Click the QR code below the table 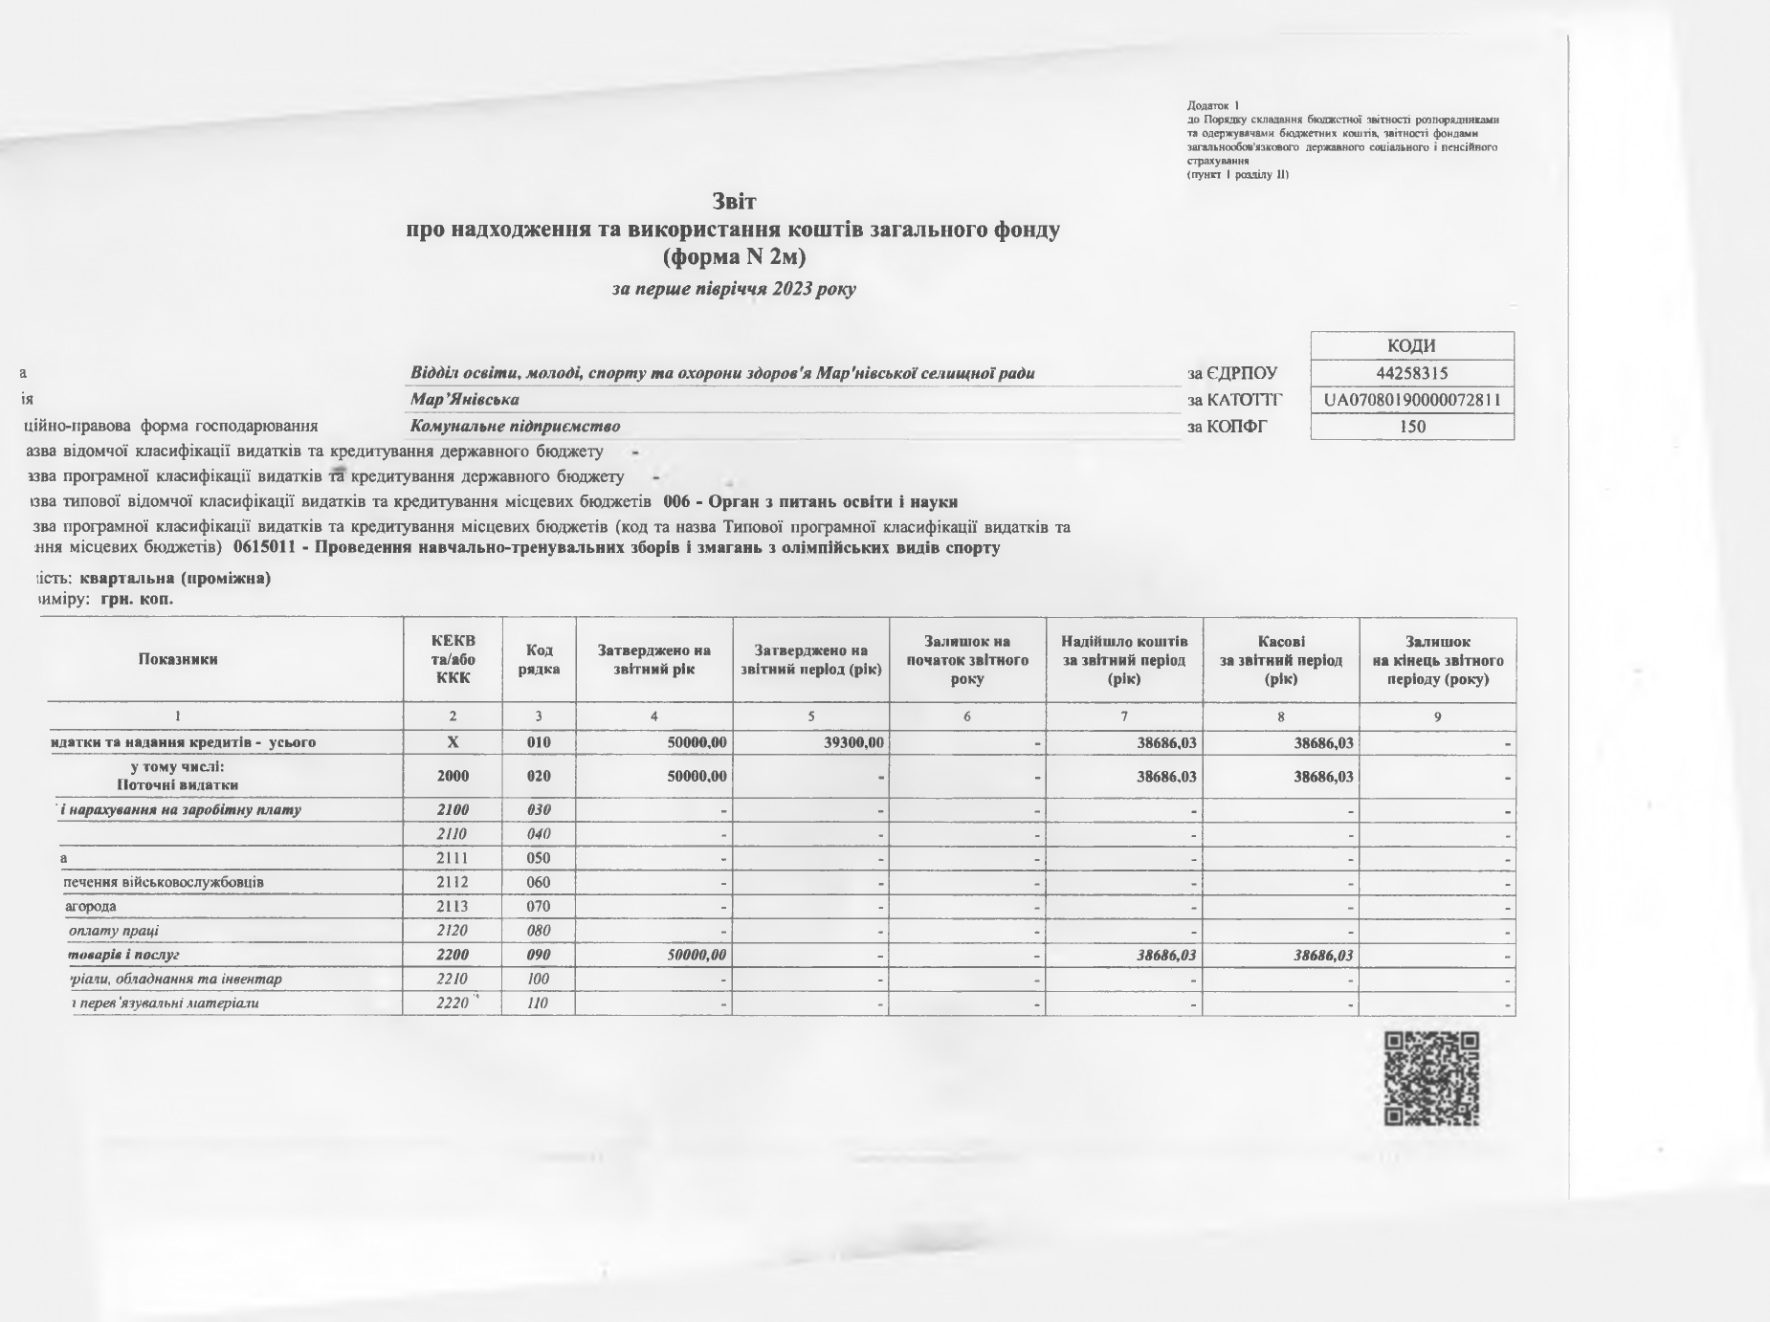1431,1078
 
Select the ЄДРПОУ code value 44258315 1412,373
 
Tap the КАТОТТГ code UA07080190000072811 1412,400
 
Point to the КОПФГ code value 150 1412,427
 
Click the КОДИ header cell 1412,346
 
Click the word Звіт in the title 734,202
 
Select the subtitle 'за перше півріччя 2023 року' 734,289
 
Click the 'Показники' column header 178,659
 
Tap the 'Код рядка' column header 539,659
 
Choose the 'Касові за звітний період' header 1281,660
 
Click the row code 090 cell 539,955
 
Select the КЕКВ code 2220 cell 453,1003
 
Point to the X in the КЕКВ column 453,742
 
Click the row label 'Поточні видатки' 178,785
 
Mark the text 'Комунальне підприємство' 515,427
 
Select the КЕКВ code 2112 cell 453,882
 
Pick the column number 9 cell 1437,716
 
